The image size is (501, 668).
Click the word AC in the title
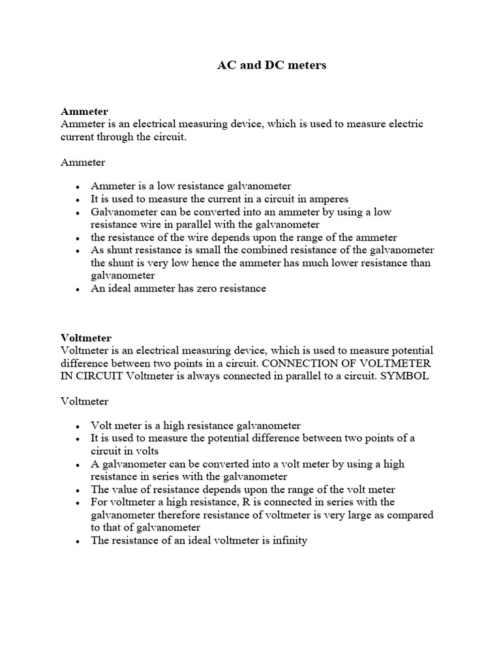[x=226, y=66]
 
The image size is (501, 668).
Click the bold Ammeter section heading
[x=84, y=112]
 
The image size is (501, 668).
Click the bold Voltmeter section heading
[x=86, y=338]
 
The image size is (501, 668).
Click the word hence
[x=198, y=263]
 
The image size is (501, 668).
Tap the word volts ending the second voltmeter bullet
[x=145, y=451]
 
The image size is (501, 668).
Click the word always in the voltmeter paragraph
[x=200, y=376]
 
